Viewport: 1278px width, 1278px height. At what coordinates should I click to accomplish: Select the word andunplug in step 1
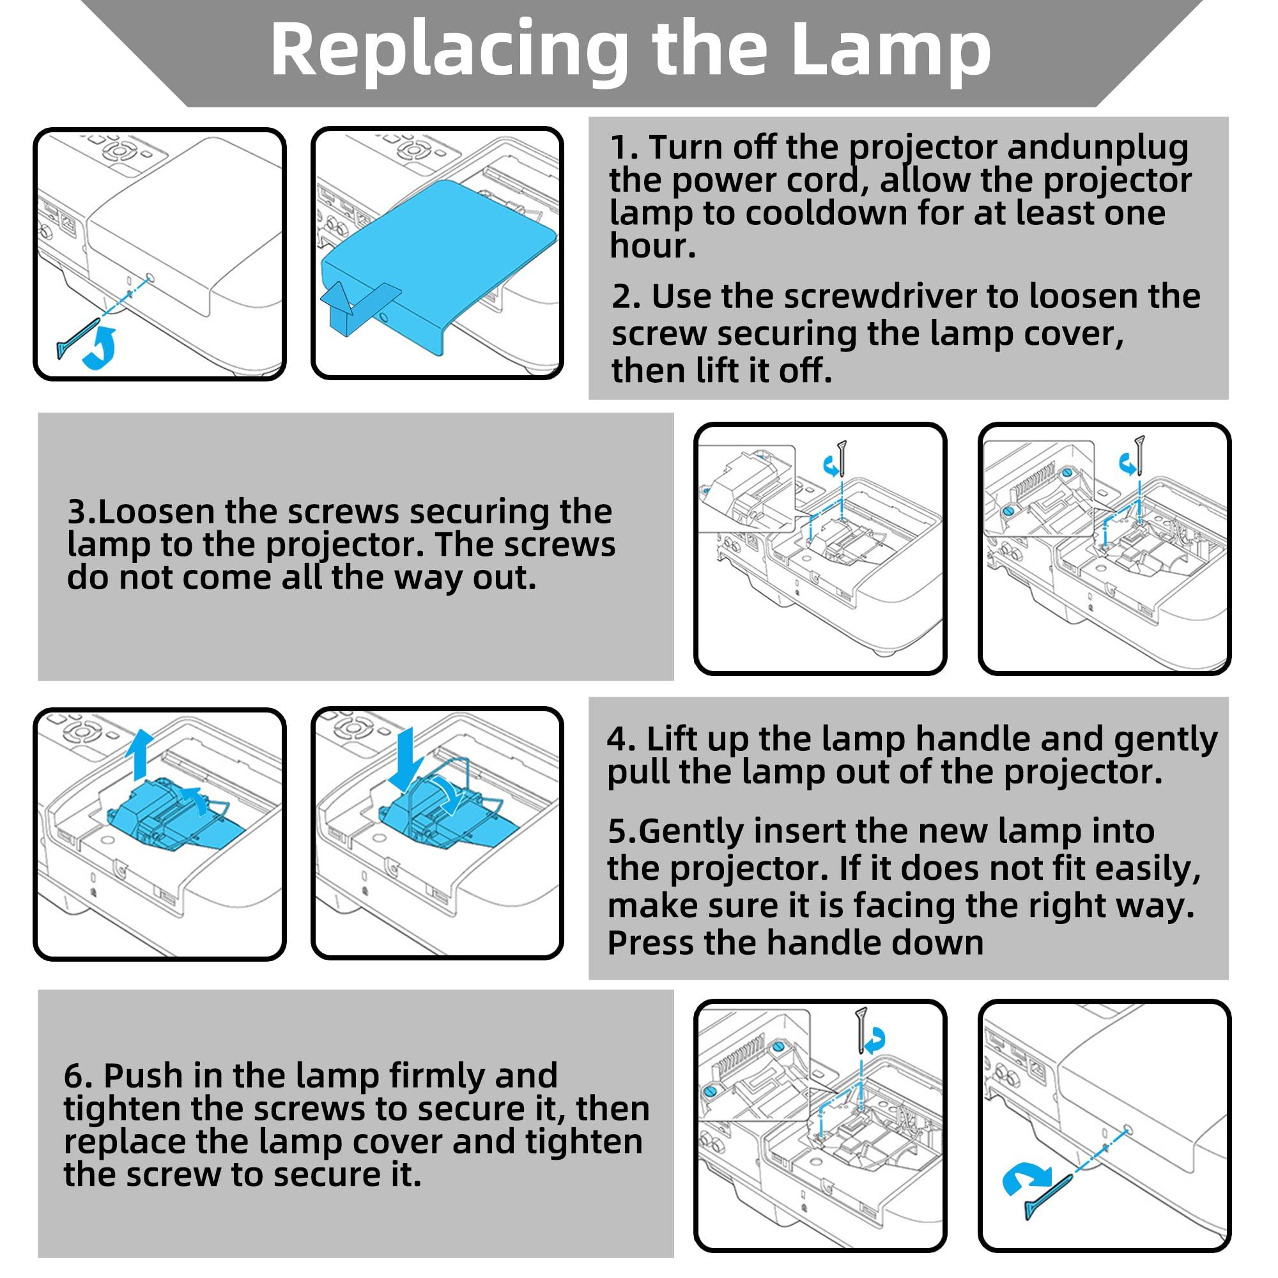(x=1097, y=148)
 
